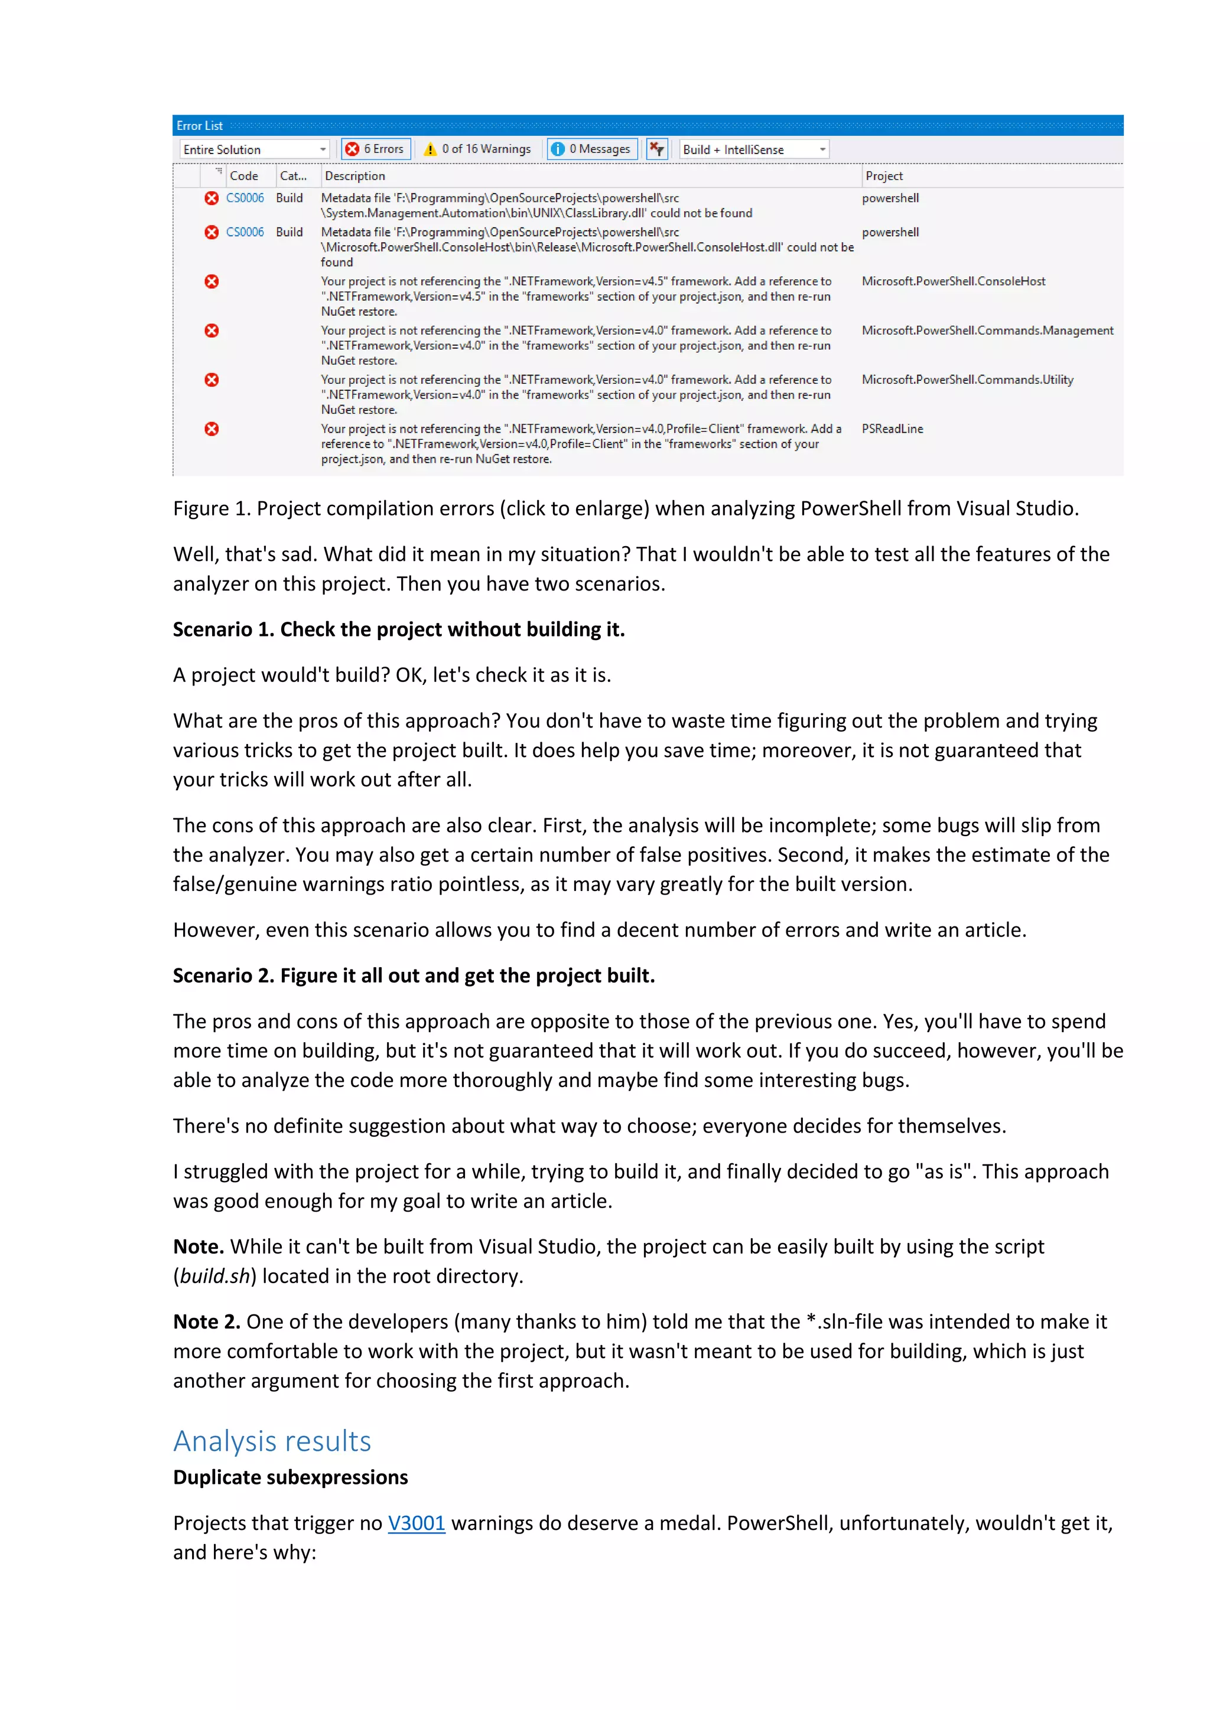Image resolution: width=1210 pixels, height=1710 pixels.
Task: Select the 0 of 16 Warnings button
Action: [x=477, y=149]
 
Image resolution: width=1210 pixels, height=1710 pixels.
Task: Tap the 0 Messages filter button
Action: [x=593, y=149]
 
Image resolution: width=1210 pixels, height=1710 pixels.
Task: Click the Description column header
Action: [x=354, y=176]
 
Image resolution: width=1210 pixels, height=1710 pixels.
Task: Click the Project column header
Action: [x=884, y=176]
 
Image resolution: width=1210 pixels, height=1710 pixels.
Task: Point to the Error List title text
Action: [x=200, y=126]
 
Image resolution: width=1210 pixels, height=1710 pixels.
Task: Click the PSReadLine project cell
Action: [x=892, y=429]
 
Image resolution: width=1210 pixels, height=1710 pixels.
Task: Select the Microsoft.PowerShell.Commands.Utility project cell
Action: [x=967, y=380]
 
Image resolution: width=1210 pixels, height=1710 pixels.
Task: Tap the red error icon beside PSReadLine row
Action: [x=212, y=429]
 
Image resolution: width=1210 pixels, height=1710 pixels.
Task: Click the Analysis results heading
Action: [x=272, y=1441]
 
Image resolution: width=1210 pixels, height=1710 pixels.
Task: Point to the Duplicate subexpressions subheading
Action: [x=291, y=1477]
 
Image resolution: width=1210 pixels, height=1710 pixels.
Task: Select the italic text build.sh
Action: [x=214, y=1276]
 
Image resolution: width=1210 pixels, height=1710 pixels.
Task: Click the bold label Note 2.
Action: [x=206, y=1322]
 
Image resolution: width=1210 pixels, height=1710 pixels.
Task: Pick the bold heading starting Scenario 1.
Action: [x=399, y=629]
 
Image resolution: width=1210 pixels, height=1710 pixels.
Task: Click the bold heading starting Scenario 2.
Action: [x=414, y=975]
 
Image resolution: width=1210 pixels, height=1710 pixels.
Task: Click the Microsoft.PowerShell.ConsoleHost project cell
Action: [x=953, y=282]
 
